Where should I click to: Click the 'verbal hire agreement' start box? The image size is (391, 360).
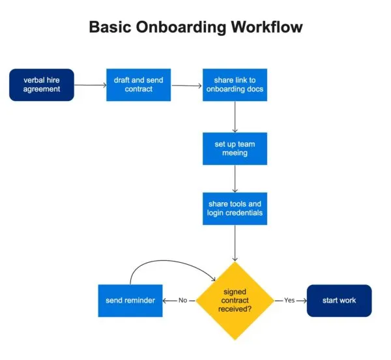[42, 85]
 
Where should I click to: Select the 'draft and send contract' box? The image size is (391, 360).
[138, 85]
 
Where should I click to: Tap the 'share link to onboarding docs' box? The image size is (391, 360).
[234, 85]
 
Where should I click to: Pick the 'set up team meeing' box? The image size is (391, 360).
[234, 148]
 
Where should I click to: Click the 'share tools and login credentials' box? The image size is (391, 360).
[234, 208]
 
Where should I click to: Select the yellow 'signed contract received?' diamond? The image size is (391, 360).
[235, 301]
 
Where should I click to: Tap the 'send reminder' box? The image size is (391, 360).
[130, 301]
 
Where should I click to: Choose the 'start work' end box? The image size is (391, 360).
[339, 301]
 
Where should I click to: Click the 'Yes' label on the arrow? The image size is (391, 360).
[290, 301]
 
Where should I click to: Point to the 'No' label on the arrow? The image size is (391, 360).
[182, 301]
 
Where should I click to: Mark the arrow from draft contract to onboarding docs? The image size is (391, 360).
[186, 85]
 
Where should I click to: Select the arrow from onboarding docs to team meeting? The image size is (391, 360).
[235, 116]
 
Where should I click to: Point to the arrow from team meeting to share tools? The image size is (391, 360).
[235, 177]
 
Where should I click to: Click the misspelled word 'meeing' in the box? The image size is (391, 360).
[234, 153]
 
